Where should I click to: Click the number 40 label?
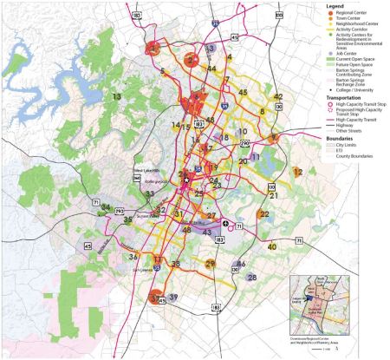(x=272, y=247)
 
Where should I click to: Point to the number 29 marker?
(x=210, y=263)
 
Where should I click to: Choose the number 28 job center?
(x=252, y=278)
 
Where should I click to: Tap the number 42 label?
(x=278, y=96)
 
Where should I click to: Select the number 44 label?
(x=211, y=69)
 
